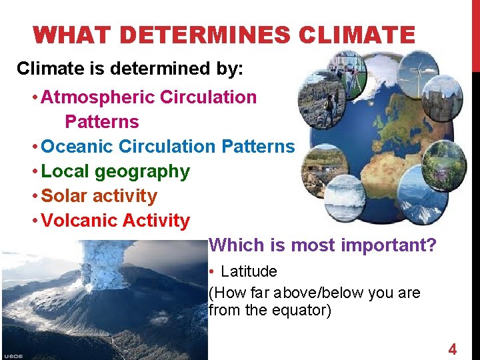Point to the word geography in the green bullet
[142, 171]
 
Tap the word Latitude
[249, 271]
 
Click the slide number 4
[452, 349]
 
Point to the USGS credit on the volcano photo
[13, 355]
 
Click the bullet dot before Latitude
[211, 272]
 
